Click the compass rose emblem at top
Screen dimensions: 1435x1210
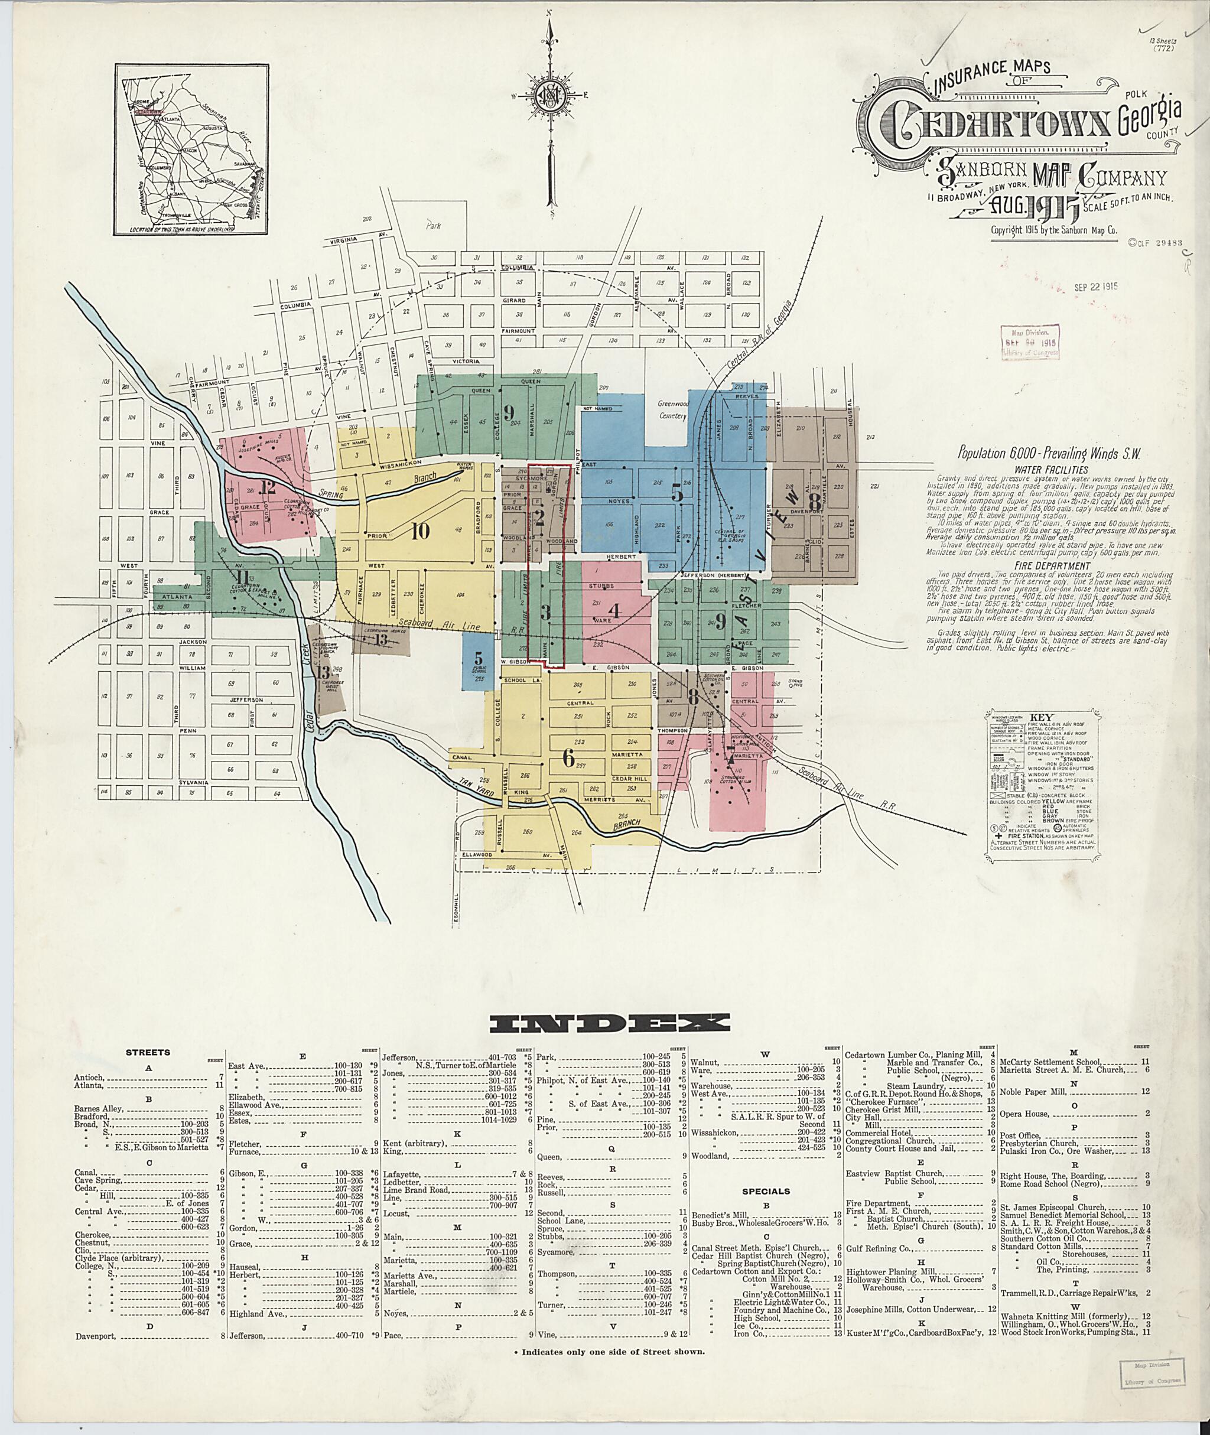[550, 97]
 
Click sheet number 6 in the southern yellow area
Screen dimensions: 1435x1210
[567, 757]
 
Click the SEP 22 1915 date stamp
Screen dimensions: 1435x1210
[1095, 287]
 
